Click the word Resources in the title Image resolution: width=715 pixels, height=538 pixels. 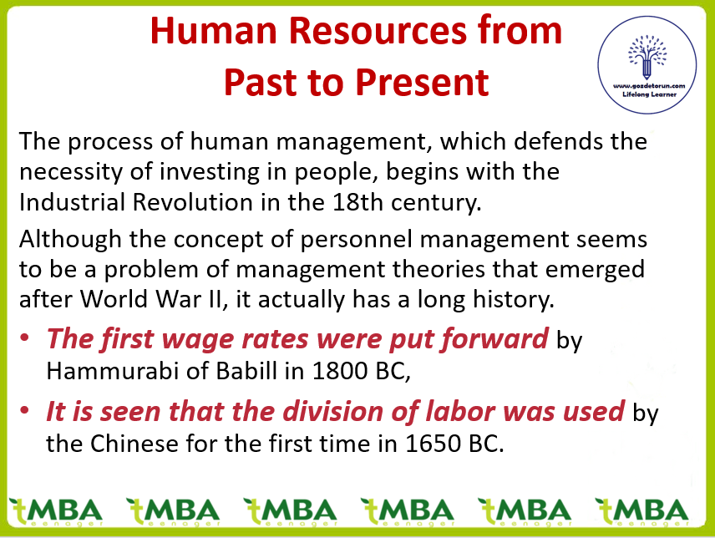(378, 31)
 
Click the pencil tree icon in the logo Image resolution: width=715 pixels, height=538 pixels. (647, 57)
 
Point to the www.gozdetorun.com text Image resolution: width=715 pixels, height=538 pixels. (649, 86)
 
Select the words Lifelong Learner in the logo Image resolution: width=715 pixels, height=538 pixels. (649, 94)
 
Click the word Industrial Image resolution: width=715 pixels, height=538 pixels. (72, 202)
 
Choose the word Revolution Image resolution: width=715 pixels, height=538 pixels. (193, 202)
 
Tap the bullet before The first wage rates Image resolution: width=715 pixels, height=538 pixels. (24, 338)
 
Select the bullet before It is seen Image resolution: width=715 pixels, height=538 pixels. (24, 410)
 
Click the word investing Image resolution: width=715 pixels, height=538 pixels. (210, 172)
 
